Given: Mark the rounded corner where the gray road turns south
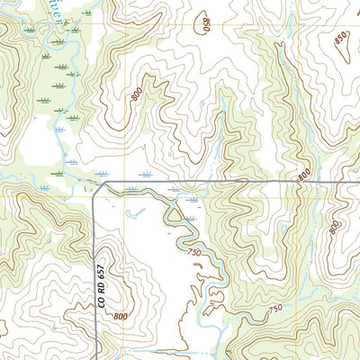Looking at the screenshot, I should coord(99,186).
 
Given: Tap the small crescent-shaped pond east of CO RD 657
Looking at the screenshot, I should coord(135,213).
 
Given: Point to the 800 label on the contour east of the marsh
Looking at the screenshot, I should coord(136,94).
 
